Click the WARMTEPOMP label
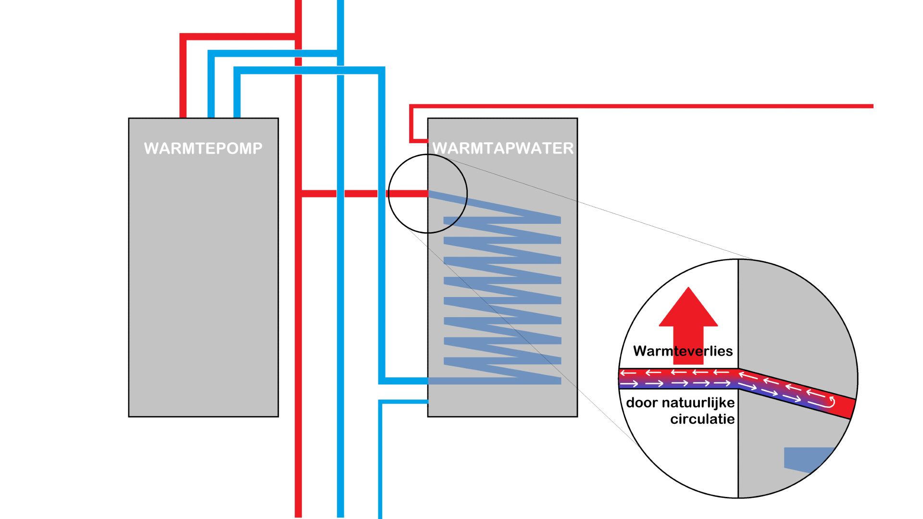[x=203, y=148]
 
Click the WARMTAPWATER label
[x=503, y=148]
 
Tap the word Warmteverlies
[x=683, y=351]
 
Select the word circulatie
[x=702, y=419]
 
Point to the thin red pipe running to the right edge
[x=673, y=106]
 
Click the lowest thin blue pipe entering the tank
[x=404, y=402]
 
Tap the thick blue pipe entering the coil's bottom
[x=404, y=381]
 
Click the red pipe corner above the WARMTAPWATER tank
[x=412, y=107]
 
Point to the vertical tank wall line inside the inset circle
[x=738, y=312]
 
